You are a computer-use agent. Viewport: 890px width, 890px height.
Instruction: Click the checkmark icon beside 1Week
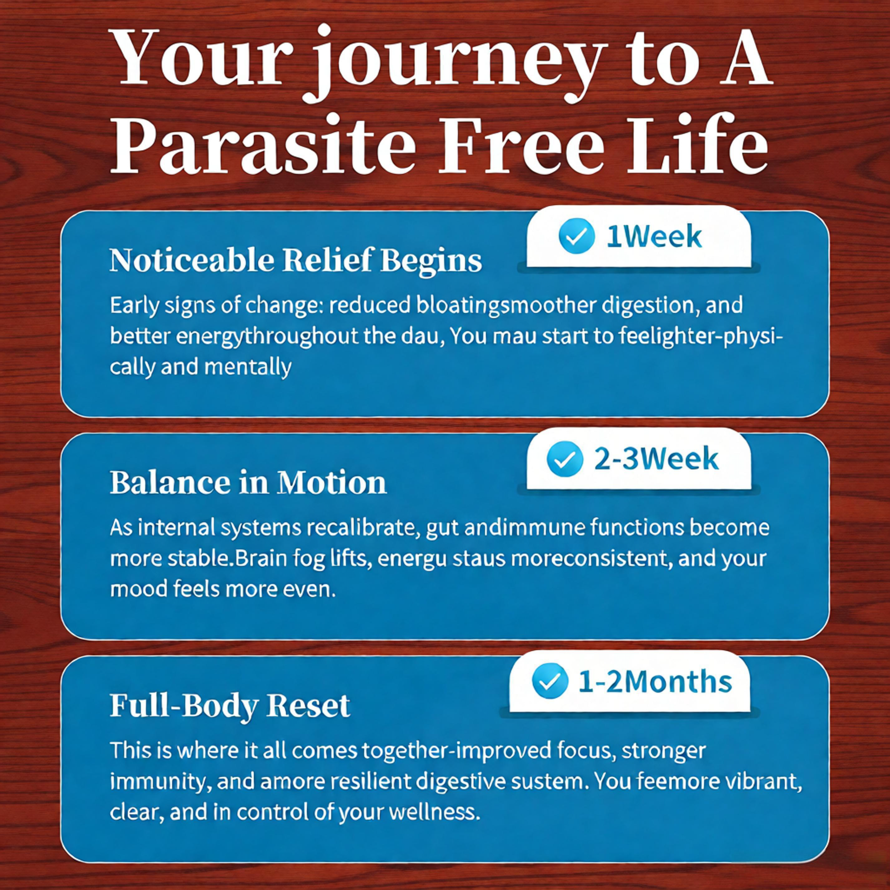coord(576,236)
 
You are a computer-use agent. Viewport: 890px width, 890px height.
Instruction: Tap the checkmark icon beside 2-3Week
coord(565,458)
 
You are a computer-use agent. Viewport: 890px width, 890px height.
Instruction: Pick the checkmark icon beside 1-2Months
coord(550,681)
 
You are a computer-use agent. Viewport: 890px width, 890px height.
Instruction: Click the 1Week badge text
coord(654,237)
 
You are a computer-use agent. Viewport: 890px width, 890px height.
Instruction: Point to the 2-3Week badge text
coord(655,459)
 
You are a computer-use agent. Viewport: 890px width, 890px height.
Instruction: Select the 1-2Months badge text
coord(654,682)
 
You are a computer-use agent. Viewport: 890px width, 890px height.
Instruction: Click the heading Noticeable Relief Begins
coord(296,260)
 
